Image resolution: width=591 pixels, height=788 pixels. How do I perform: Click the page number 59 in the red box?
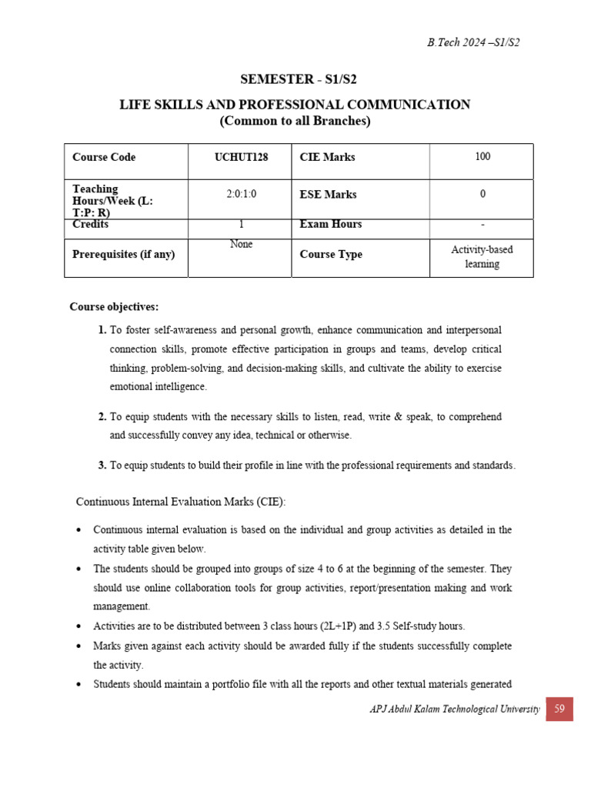559,709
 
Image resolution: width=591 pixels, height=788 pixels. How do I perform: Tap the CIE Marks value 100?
482,157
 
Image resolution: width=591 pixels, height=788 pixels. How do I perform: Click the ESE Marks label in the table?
328,195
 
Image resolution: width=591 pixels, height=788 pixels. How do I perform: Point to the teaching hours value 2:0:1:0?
241,195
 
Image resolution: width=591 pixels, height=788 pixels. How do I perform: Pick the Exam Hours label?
330,225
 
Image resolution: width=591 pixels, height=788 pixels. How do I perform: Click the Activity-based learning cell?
482,257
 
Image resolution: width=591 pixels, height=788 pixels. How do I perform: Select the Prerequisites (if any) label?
123,254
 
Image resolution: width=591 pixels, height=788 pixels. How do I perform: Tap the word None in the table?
241,244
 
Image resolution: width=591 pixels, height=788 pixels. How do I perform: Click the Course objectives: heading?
114,307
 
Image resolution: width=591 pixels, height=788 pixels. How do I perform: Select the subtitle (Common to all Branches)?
295,122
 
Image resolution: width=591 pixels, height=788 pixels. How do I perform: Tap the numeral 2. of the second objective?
102,417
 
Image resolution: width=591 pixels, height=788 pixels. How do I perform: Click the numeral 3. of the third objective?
102,466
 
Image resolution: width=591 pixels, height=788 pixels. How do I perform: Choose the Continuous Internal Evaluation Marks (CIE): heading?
181,502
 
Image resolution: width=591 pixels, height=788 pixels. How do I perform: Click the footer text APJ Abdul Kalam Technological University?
455,709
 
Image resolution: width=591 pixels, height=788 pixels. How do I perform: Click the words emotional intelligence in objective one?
159,386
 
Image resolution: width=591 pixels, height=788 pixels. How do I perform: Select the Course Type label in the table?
330,255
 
